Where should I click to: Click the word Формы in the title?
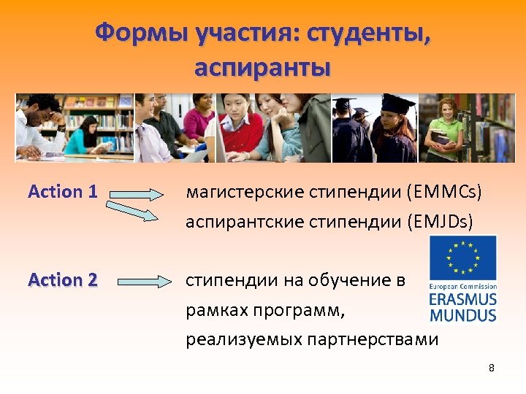point(138,32)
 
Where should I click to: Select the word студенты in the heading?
point(370,32)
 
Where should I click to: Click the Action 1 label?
point(62,192)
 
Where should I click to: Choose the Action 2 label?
point(62,279)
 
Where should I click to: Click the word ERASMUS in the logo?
point(462,300)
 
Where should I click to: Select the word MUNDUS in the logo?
point(462,315)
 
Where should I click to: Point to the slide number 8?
point(492,368)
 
